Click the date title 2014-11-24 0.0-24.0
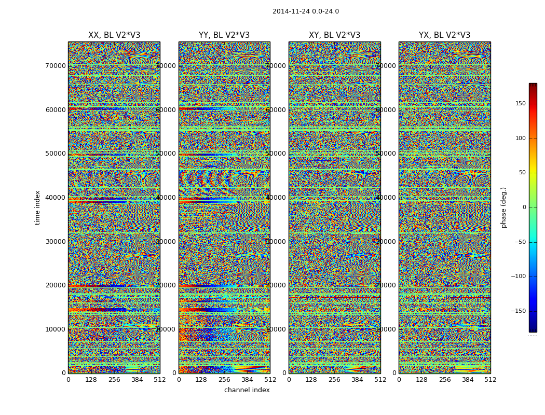(305, 11)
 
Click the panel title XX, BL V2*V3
(114, 35)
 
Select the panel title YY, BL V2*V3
(224, 35)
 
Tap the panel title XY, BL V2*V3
(334, 35)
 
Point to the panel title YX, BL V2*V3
(444, 35)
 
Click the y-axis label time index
(37, 208)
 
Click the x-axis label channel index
(247, 390)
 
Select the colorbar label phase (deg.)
(503, 208)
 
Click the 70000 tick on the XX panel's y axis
(56, 66)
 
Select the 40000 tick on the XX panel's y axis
(56, 198)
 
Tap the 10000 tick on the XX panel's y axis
(56, 329)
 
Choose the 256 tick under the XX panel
(114, 380)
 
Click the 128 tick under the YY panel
(201, 380)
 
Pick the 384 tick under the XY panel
(357, 380)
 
